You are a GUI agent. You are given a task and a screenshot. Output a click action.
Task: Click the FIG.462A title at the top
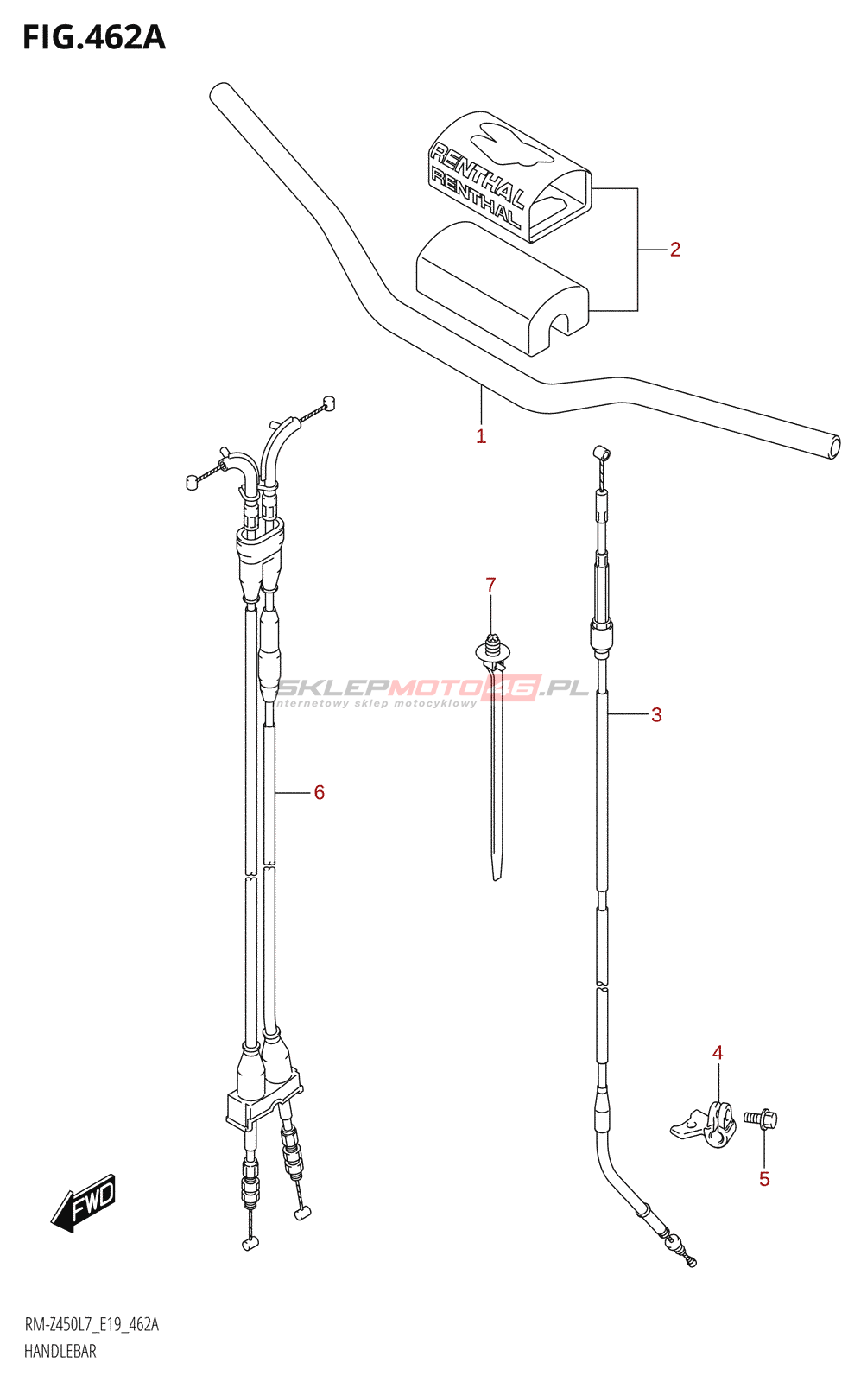click(94, 38)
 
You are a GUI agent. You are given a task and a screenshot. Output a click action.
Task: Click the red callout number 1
click(481, 436)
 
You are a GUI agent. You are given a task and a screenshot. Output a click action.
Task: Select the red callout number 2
click(675, 250)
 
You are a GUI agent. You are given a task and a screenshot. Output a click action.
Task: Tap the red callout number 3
click(656, 715)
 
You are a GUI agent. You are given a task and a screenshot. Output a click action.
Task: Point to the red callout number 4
click(717, 1053)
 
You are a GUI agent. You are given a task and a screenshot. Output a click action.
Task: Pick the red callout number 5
click(764, 1179)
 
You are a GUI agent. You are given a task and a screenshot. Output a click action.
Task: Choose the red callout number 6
click(319, 792)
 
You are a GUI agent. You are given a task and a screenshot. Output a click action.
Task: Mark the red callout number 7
click(490, 585)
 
